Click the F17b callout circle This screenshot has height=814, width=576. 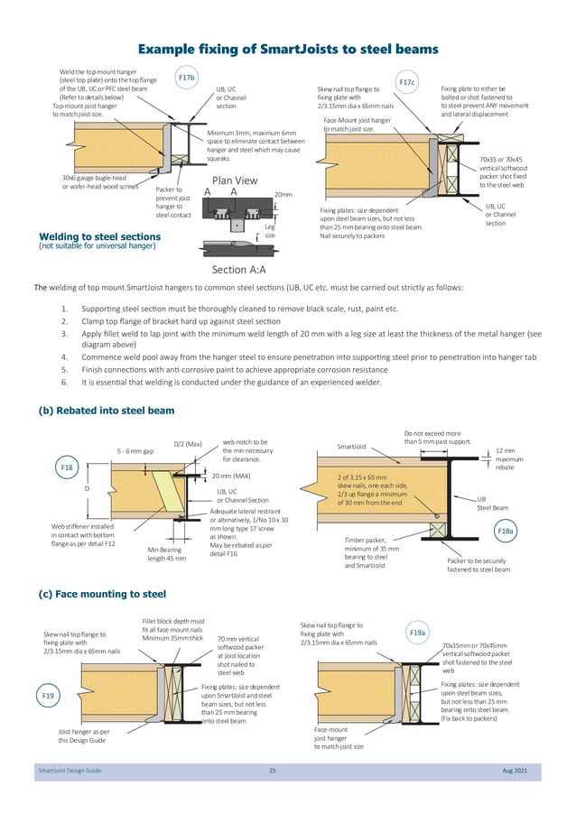[x=187, y=79]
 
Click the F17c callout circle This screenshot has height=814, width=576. [x=407, y=83]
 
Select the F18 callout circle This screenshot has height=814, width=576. [x=67, y=468]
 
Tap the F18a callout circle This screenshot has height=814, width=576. [x=506, y=532]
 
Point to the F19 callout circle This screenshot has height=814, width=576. [x=50, y=697]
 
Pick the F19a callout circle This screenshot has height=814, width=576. [x=417, y=634]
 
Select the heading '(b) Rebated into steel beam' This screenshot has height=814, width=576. [x=106, y=411]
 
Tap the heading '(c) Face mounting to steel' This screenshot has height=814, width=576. [x=101, y=595]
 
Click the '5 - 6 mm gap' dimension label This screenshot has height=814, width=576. [x=136, y=449]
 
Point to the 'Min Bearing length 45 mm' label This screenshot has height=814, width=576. [x=166, y=553]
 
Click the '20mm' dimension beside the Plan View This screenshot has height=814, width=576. [x=283, y=194]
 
